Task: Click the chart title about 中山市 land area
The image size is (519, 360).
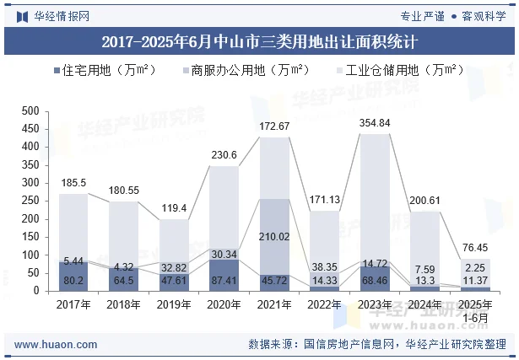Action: (260, 40)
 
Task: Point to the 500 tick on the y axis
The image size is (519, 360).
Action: (30, 111)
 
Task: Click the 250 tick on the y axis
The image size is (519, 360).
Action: (30, 201)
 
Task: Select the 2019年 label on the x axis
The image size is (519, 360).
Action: (174, 304)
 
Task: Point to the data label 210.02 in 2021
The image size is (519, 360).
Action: (274, 236)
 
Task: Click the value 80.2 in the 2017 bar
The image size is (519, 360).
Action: (73, 280)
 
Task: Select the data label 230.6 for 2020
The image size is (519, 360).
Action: (224, 155)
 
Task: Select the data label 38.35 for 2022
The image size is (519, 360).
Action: (324, 266)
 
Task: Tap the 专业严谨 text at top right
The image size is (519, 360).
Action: (422, 15)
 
